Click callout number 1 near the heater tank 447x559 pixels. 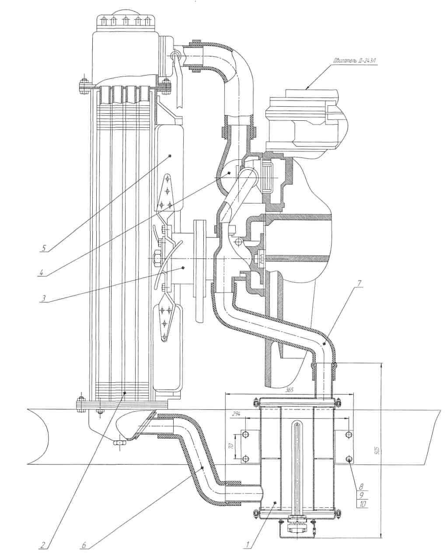pos(248,545)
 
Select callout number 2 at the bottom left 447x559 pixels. pos(42,545)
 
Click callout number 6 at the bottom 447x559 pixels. pos(83,545)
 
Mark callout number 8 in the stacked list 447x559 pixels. pos(362,486)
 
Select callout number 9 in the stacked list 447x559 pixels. pos(362,495)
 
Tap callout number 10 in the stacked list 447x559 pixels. pos(362,503)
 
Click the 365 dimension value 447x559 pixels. pos(288,390)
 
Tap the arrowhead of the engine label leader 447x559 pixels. pos(307,88)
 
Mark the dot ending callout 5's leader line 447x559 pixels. pos(170,156)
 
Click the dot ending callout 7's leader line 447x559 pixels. pos(324,345)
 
